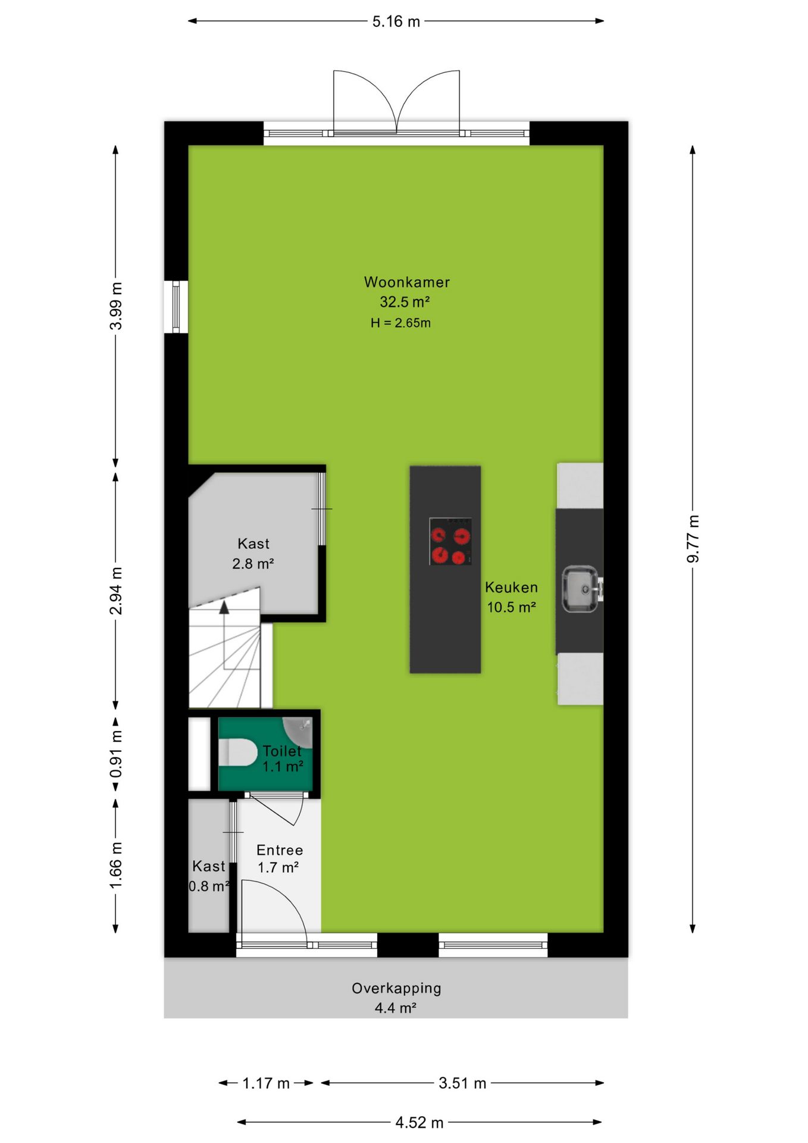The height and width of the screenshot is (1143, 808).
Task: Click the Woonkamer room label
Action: pos(407,282)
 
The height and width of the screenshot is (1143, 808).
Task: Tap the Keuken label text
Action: pos(511,588)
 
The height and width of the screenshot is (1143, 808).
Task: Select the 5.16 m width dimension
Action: pos(396,21)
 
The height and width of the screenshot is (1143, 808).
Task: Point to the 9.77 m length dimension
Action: pos(693,539)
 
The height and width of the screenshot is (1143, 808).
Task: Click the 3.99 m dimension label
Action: pos(116,306)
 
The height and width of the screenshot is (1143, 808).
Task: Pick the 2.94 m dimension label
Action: pos(116,591)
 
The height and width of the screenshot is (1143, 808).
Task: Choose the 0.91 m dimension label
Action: pos(116,754)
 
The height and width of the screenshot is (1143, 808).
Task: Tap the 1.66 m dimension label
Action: pos(116,866)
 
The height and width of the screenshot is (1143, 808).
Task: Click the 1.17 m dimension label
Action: pos(266,1083)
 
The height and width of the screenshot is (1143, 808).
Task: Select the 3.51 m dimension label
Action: pos(462,1083)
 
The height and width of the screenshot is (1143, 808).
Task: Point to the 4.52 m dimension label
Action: pos(419,1122)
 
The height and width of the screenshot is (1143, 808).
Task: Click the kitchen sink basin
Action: pos(580,589)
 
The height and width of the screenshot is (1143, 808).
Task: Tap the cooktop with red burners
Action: pos(450,541)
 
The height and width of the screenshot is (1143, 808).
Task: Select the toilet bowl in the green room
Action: pos(237,753)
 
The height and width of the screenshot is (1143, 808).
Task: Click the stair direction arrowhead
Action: pos(224,607)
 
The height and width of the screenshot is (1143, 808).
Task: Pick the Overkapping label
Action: pos(396,988)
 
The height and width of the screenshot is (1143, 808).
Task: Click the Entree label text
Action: pos(280,850)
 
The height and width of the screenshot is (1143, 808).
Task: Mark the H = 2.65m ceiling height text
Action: pos(400,323)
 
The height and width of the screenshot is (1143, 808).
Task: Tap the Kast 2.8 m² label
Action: pos(253,553)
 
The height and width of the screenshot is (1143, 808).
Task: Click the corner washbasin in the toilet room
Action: pos(299,730)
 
